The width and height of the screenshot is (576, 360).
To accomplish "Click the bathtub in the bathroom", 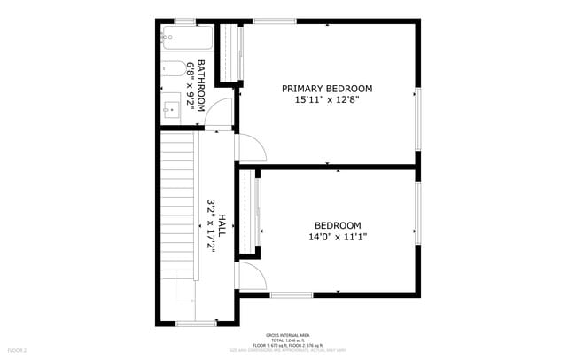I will click(187, 38).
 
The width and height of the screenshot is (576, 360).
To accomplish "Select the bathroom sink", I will click(172, 109).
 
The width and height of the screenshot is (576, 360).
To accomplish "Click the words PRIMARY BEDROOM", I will click(327, 89).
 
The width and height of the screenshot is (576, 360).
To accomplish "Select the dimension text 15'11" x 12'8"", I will click(327, 100).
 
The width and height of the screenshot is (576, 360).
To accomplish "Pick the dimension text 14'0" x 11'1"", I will click(339, 237).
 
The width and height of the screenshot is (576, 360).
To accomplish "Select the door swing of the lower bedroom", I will click(250, 277).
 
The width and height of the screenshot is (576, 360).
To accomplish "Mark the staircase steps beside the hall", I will click(176, 222).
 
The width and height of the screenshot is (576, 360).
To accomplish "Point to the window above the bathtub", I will click(185, 20).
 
